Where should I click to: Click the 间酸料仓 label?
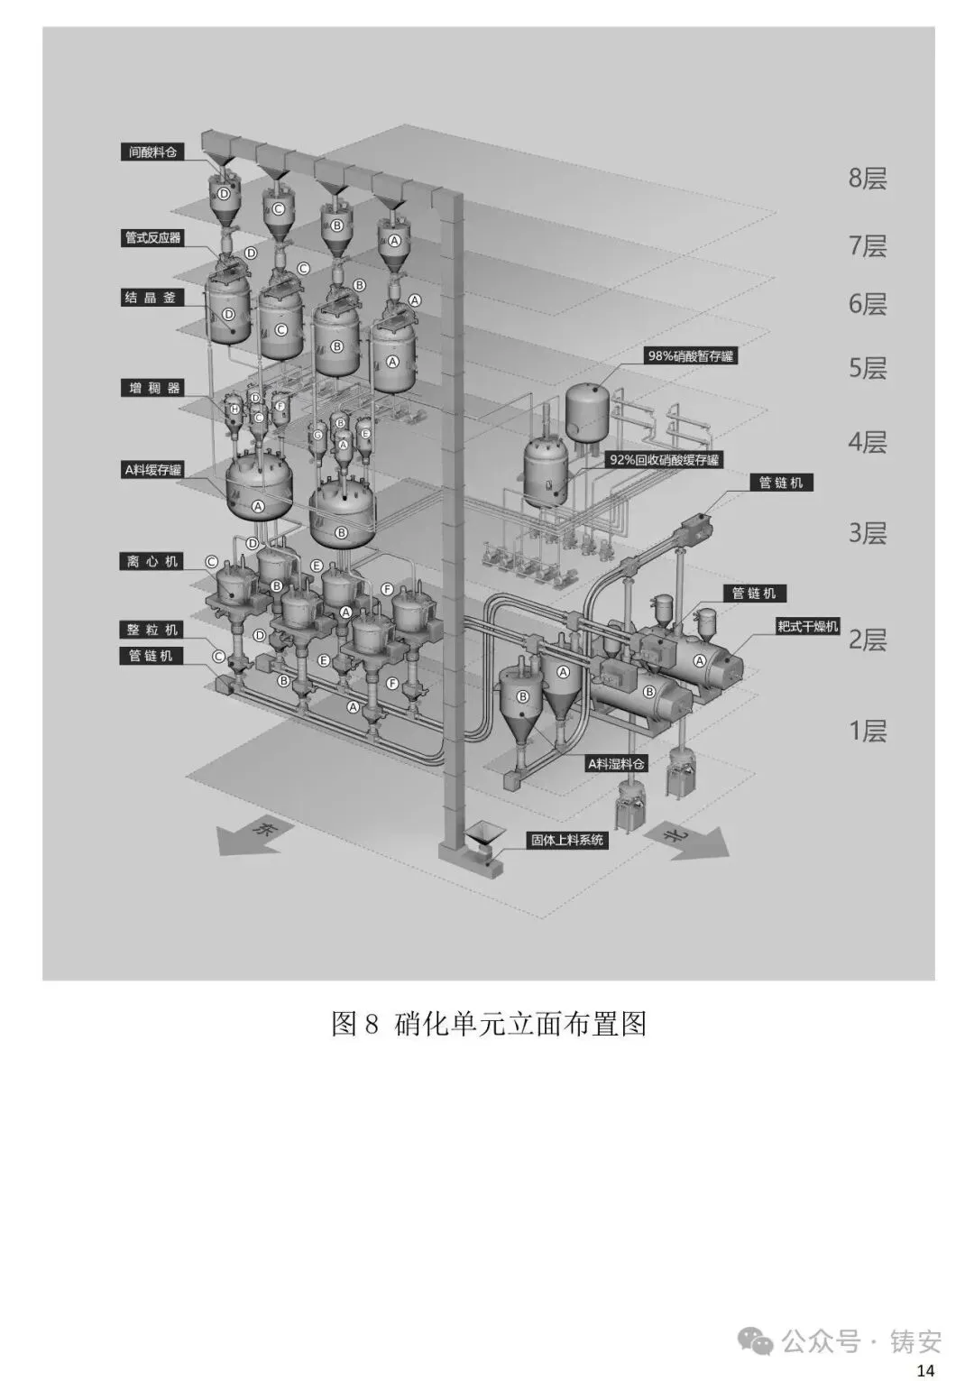point(152,152)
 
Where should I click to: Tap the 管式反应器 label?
point(152,238)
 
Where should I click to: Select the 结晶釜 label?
point(152,298)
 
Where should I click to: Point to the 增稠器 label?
point(152,389)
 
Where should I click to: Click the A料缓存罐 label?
point(152,470)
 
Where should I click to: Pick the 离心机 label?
point(152,561)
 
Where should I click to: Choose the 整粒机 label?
point(152,630)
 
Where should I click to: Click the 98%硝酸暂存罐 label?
point(691,356)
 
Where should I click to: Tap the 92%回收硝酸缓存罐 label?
point(665,460)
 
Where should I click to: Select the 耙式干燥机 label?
point(808,626)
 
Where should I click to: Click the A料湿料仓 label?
point(617,764)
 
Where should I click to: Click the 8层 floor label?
point(867,178)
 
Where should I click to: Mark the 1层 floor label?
point(867,730)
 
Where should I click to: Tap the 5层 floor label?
point(867,368)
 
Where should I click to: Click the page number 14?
point(925,1371)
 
